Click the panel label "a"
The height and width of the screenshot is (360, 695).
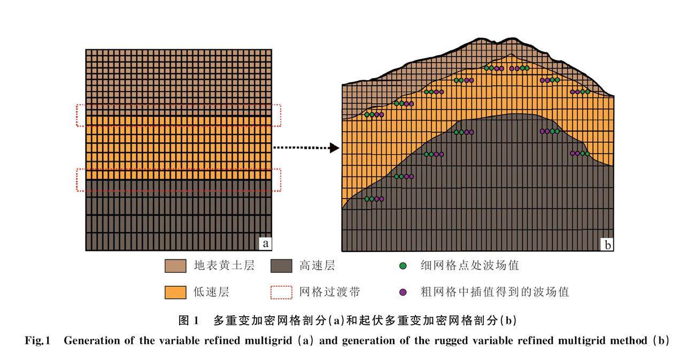coord(265,244)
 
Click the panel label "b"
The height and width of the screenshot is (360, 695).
coord(607,245)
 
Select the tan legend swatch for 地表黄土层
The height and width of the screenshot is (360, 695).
coord(175,265)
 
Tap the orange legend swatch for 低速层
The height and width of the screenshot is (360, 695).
coord(175,292)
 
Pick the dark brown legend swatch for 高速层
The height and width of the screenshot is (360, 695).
coord(282,265)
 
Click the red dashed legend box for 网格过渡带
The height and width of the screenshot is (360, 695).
coord(282,292)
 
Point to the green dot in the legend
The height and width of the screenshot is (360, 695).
coord(403,265)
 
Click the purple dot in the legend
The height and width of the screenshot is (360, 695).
coord(403,292)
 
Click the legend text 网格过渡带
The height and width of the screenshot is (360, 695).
coord(329,292)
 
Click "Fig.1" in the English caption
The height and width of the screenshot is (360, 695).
coord(38,341)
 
